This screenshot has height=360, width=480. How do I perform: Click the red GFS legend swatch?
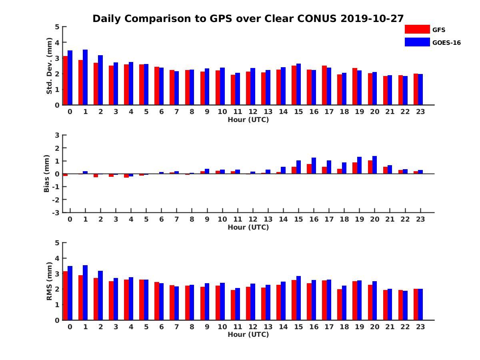coord(417,29)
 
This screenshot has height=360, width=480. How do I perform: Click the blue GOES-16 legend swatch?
coord(417,42)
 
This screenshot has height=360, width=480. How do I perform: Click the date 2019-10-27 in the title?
coord(372,18)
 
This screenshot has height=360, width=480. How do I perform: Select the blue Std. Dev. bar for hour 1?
coord(85,77)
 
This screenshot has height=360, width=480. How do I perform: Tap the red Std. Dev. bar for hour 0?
coord(65,80)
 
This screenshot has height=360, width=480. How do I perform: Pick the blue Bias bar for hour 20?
coord(374,165)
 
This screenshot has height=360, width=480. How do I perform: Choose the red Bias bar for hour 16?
coord(309,169)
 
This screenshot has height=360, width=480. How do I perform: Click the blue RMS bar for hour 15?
coord(298,298)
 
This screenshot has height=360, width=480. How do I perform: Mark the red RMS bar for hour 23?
coord(416,304)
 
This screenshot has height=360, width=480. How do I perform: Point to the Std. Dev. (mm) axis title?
coord(49,66)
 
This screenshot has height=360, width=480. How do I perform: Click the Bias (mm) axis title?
coord(47,174)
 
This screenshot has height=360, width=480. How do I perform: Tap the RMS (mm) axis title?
coord(49,281)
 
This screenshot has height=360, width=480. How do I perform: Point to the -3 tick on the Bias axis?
coord(56,212)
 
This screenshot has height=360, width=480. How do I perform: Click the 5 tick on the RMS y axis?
coord(57,243)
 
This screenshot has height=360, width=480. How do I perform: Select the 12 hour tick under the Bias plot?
coord(253,219)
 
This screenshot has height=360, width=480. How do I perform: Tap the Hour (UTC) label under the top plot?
coord(248,120)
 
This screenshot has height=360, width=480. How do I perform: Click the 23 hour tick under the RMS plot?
coord(420,326)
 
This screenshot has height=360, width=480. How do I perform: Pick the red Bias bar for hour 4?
coord(126,176)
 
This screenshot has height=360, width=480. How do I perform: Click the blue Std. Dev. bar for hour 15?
coord(298,84)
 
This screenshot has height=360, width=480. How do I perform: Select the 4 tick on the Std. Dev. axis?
coord(57,42)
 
